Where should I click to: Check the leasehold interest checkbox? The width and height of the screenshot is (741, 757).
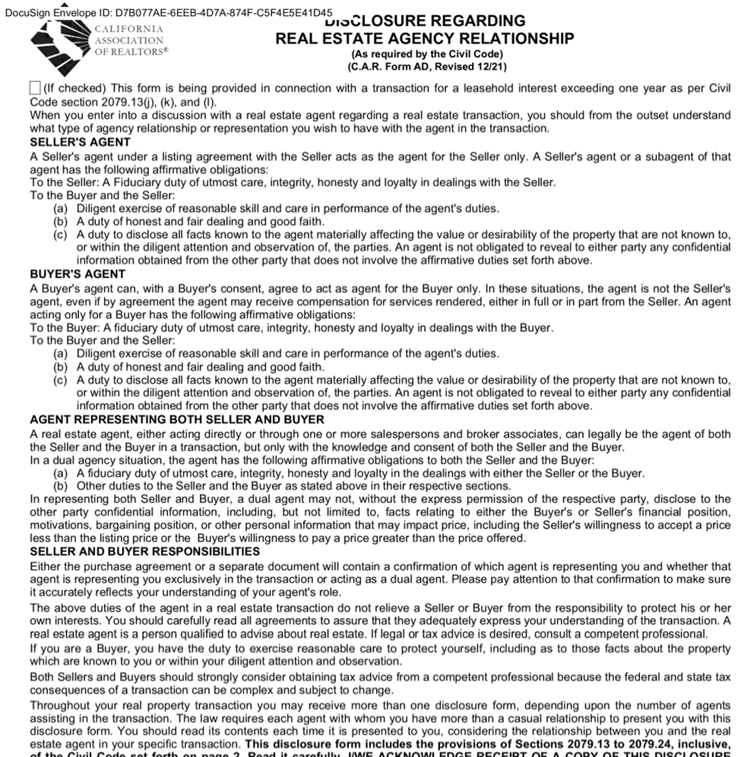click(x=35, y=88)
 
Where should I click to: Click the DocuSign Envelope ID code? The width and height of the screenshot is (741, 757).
click(x=223, y=13)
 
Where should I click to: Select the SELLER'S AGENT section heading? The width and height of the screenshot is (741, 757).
click(x=80, y=142)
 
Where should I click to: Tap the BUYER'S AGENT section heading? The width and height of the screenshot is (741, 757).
click(x=78, y=274)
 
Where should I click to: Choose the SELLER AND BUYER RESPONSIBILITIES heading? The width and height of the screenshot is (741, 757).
click(x=144, y=551)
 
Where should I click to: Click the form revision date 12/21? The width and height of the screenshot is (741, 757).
click(x=492, y=67)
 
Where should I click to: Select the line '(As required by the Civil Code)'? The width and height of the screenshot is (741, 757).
click(x=426, y=54)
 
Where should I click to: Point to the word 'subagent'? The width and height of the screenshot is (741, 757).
click(x=671, y=156)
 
